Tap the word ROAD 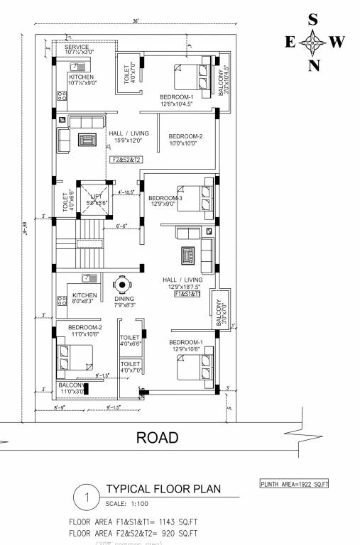tap(158, 438)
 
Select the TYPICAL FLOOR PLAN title tap(163, 489)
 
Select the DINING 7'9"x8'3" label tap(124, 302)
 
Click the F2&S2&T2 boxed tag tap(127, 160)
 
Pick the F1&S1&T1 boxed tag tap(187, 293)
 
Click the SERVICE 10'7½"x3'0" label tap(79, 50)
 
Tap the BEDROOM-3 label tap(167, 201)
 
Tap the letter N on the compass tap(313, 67)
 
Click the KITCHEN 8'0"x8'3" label tap(84, 298)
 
